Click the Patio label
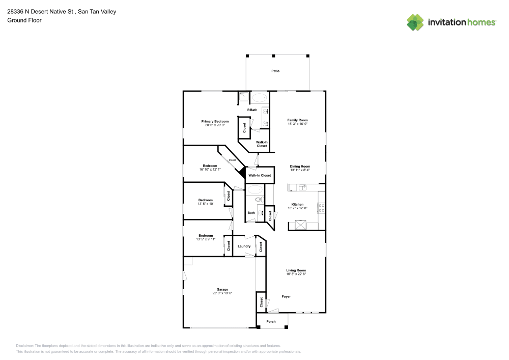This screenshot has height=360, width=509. click(275, 71)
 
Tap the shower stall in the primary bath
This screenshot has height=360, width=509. click(243, 97)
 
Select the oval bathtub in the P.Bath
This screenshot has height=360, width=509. click(259, 98)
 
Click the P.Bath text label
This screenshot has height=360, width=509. click(251, 110)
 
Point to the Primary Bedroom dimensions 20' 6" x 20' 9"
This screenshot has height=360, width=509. click(215, 125)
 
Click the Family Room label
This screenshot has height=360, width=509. click(297, 120)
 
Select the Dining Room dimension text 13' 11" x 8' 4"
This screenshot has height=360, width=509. click(300, 170)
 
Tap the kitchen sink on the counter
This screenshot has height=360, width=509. click(302, 187)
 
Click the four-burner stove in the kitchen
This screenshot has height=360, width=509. click(321, 207)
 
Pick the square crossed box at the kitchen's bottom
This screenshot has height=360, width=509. click(301, 225)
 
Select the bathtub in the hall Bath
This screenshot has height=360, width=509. click(254, 190)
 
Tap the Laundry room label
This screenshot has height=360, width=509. click(244, 246)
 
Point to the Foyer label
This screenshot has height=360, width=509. click(286, 296)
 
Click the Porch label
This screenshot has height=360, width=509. click(271, 321)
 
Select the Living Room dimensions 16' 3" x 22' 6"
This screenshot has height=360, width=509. click(296, 274)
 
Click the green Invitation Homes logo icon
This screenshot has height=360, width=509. click(415, 22)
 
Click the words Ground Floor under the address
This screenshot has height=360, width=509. click(24, 20)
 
